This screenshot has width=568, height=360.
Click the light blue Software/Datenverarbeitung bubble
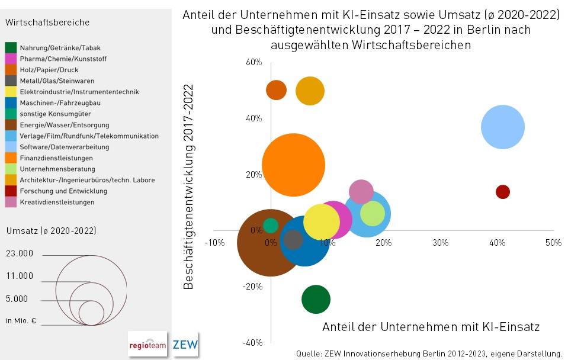click(503, 127)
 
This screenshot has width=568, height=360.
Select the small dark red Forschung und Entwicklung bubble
click(503, 192)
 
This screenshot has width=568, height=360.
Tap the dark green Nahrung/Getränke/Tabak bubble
click(316, 300)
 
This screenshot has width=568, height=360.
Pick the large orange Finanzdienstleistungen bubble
click(294, 165)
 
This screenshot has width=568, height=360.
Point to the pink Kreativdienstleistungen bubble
click(361, 191)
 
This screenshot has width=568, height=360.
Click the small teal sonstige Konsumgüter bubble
click(271, 226)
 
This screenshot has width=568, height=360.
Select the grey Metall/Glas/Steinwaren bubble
click(293, 240)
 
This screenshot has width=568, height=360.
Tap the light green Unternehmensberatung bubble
click(373, 214)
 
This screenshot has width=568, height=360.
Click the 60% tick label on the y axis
click(254, 62)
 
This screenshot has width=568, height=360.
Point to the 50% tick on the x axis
click(553, 243)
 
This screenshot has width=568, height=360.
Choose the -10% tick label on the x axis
click(214, 243)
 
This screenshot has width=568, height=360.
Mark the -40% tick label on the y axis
click(252, 343)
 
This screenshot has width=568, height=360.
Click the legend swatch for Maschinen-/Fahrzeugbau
click(11, 103)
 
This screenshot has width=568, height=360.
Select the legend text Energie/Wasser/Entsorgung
click(64, 125)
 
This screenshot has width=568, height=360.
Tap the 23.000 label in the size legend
click(20, 253)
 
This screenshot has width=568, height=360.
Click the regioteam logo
click(147, 344)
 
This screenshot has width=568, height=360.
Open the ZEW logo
click(185, 344)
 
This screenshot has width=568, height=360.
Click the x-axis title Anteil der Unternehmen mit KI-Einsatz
click(431, 327)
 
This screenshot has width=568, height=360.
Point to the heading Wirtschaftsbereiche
click(47, 22)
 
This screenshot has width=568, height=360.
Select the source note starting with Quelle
click(429, 353)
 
